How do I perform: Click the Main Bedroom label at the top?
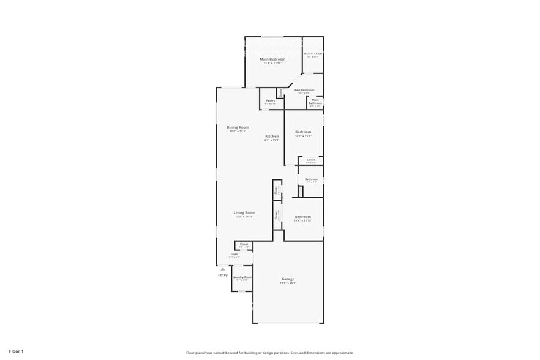click(x=272, y=59)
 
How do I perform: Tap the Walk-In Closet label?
click(x=313, y=54)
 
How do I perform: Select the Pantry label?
click(x=270, y=100)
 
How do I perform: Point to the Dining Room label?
click(x=238, y=127)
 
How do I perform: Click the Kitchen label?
click(x=272, y=136)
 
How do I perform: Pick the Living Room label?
click(x=244, y=212)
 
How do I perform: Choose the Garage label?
click(x=288, y=279)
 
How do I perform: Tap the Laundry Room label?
click(x=242, y=277)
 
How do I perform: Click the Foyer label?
click(x=234, y=253)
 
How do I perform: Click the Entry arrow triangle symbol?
click(x=223, y=269)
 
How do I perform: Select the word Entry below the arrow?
click(x=223, y=275)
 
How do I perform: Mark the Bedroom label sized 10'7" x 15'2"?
click(x=303, y=132)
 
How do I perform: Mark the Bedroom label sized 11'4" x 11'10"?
click(x=303, y=217)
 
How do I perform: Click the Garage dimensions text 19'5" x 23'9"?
click(x=288, y=283)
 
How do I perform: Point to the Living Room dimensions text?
click(x=244, y=217)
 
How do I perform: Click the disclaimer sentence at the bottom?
click(x=269, y=353)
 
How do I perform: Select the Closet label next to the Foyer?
click(x=244, y=244)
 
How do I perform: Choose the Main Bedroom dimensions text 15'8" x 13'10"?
click(x=272, y=63)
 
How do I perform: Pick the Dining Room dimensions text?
click(x=238, y=132)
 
